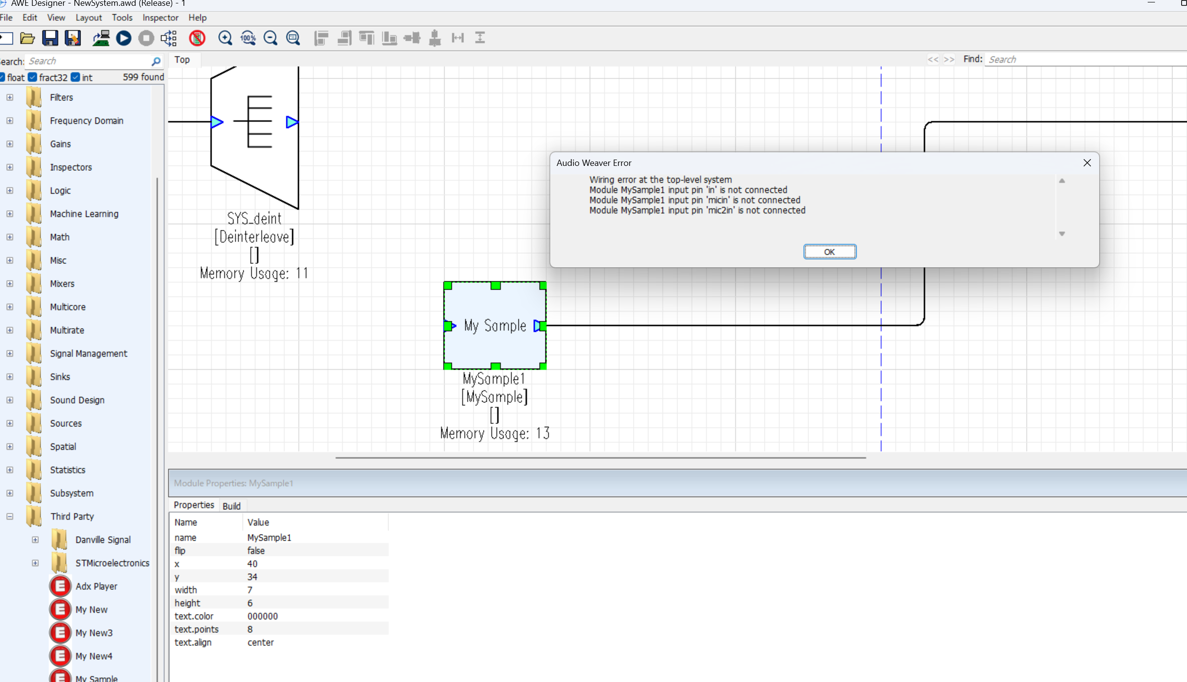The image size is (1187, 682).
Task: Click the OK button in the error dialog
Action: coord(829,252)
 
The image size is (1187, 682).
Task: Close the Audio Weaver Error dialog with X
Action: coord(1087,163)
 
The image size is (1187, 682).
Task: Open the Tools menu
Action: coord(122,17)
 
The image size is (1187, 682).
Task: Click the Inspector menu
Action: coord(160,17)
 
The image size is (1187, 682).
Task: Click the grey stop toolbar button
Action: coord(146,38)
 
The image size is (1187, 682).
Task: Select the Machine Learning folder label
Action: coord(84,214)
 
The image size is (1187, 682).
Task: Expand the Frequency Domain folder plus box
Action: coord(10,121)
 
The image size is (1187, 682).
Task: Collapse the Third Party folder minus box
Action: coord(10,517)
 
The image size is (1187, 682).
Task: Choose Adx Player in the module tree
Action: coord(96,586)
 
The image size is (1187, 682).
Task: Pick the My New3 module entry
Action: coord(94,633)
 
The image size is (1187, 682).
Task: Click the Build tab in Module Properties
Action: coord(231,506)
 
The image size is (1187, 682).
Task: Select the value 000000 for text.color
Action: coord(263,616)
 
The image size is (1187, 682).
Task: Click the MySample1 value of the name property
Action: coord(269,537)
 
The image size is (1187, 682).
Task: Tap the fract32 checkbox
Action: coord(33,77)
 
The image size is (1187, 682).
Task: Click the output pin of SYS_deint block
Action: coord(292,122)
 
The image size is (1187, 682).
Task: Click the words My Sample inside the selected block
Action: coord(495,325)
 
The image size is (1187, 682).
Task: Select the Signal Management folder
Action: coord(88,354)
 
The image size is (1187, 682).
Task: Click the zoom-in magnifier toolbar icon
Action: coord(225,38)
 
